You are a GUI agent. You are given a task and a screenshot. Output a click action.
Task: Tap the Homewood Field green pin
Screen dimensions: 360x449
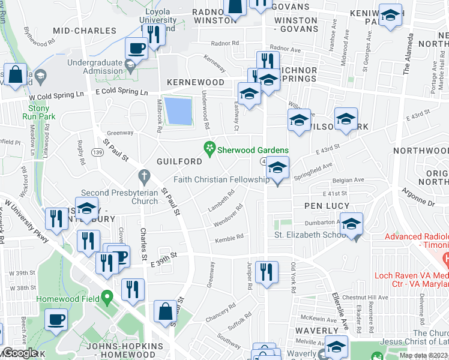[107, 297]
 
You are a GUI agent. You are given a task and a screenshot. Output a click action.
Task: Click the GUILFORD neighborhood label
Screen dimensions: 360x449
[179, 162]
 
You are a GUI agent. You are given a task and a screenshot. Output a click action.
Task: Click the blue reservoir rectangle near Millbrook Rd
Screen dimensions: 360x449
[178, 111]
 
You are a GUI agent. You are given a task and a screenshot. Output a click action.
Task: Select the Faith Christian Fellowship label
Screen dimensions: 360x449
[221, 179]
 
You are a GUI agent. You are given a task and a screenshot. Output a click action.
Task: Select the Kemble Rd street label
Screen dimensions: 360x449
[230, 238]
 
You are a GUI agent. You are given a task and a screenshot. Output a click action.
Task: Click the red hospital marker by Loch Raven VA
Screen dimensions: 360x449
[445, 260]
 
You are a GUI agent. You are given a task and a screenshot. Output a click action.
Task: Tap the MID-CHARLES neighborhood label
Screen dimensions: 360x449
[85, 31]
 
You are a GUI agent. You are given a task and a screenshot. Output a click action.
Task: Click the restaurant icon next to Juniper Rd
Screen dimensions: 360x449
[265, 271]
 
